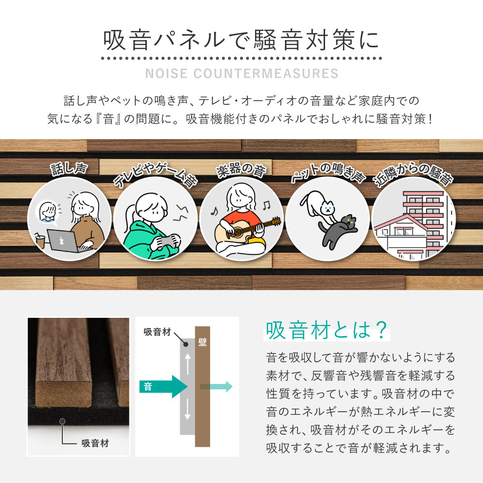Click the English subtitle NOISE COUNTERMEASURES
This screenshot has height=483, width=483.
pyautogui.click(x=241, y=73)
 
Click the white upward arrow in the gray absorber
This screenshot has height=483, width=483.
pyautogui.click(x=187, y=361)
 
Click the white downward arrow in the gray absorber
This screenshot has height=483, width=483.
pyautogui.click(x=187, y=411)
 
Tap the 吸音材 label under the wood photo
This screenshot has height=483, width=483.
pyautogui.click(x=95, y=443)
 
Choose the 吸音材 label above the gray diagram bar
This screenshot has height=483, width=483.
pyautogui.click(x=157, y=332)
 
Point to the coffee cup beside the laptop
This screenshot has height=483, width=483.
pyautogui.click(x=40, y=240)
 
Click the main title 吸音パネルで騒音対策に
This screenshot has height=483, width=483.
pyautogui.click(x=241, y=41)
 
